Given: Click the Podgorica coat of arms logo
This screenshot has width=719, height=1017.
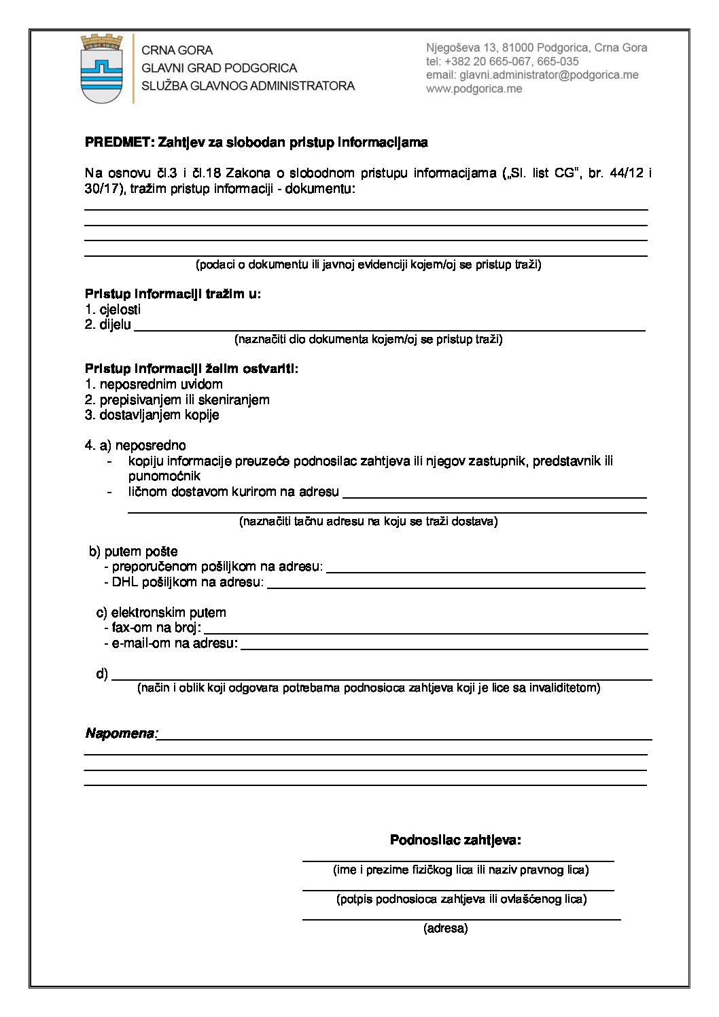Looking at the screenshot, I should tap(101, 69).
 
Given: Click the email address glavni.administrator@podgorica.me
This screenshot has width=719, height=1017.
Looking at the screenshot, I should tap(532, 75).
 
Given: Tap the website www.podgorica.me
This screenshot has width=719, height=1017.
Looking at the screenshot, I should tap(474, 89).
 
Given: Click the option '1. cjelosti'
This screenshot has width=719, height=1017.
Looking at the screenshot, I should tap(113, 310).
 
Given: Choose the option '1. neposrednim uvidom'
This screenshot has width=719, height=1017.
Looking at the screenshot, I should tap(154, 385).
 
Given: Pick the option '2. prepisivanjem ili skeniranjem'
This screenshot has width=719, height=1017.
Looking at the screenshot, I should tap(177, 400).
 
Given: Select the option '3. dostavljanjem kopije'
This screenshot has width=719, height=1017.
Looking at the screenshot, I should tap(152, 415).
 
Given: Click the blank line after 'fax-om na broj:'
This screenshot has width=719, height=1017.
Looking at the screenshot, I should tap(425, 630).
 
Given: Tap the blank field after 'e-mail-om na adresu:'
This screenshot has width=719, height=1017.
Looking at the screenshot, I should tap(444, 646).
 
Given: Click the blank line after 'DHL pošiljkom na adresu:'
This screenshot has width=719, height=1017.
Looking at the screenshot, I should tap(455, 585).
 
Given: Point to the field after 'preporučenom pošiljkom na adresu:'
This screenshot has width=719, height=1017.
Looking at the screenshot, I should tap(485, 569).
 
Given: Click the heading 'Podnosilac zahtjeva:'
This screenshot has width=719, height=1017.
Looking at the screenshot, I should tap(455, 840).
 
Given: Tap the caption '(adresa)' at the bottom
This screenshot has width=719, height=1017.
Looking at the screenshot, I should tap(446, 929).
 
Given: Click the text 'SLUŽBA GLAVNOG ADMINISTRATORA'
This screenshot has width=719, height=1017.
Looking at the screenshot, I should tap(248, 86).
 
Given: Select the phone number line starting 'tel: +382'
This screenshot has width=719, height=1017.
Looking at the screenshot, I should tap(502, 62).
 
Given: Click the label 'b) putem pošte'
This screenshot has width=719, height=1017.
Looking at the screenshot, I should tap(133, 552).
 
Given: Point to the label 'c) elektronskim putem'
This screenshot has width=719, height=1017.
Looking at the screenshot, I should tap(161, 613).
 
